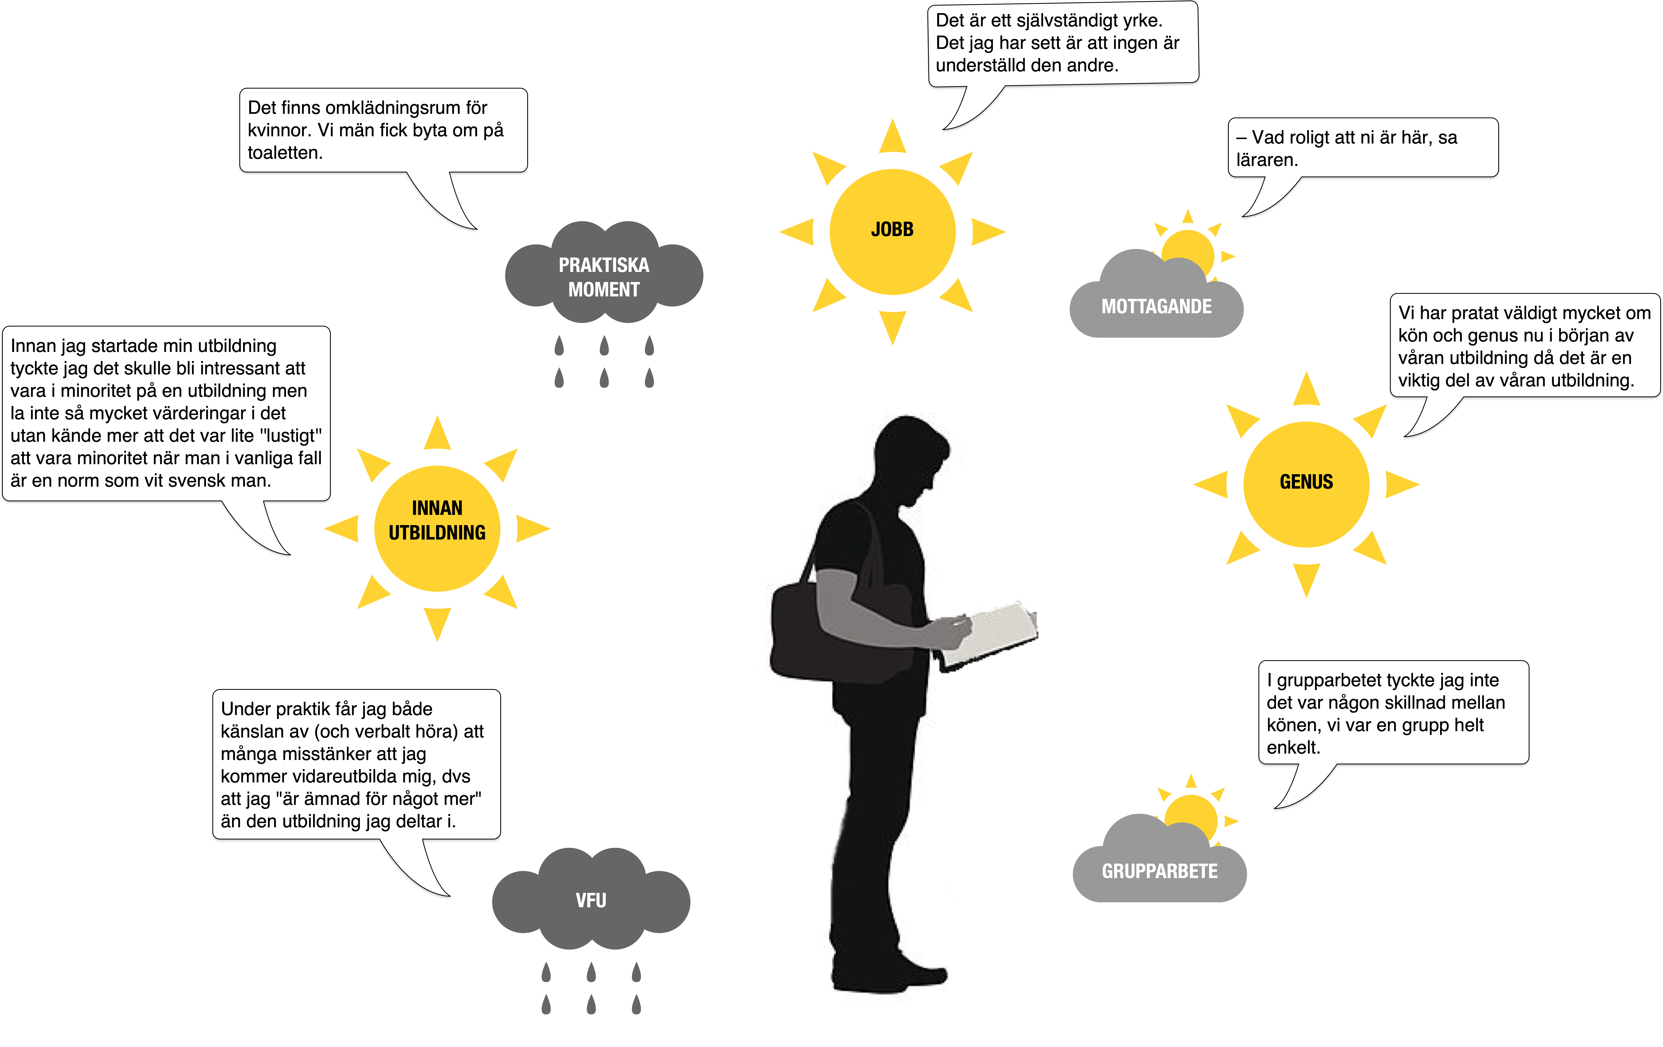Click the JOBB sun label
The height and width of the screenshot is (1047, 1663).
tap(892, 229)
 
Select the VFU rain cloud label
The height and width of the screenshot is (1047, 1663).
tap(591, 900)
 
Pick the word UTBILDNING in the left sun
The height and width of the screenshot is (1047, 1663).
tap(437, 533)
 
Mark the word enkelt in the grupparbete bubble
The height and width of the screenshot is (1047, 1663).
tap(1294, 747)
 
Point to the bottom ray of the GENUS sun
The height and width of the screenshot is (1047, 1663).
tap(1306, 579)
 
